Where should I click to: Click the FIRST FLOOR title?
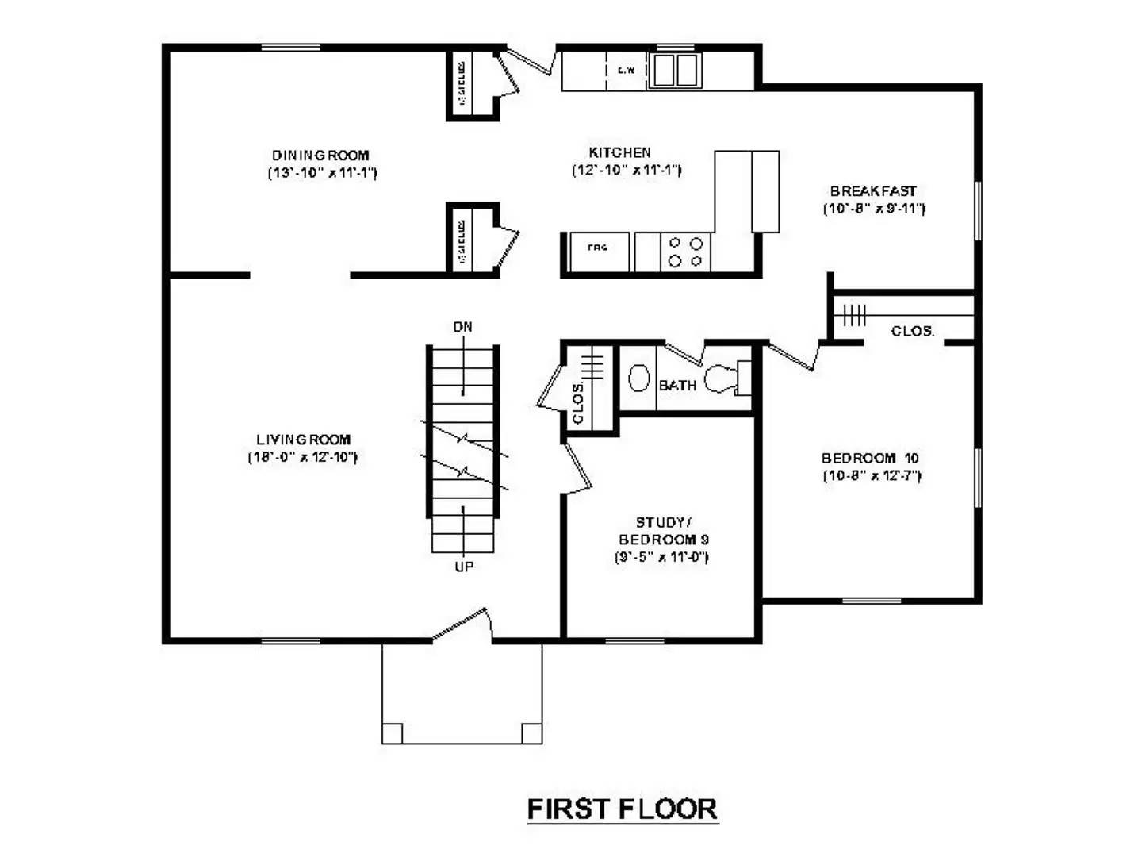[x=623, y=809]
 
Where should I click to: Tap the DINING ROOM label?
[x=320, y=156]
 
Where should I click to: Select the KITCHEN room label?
[x=619, y=152]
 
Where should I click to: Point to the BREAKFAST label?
[x=873, y=191]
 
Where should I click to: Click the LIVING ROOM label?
[x=303, y=440]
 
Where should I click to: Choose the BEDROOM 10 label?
[x=870, y=459]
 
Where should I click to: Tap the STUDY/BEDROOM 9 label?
[x=663, y=531]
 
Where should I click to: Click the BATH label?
[x=677, y=386]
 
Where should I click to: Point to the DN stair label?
[x=463, y=327]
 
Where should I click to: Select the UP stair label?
[x=464, y=567]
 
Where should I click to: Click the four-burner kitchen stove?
[x=685, y=252]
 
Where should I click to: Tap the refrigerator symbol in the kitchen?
[x=599, y=252]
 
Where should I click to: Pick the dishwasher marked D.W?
[x=627, y=71]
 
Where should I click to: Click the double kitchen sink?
[x=675, y=71]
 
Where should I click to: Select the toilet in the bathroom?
[x=723, y=379]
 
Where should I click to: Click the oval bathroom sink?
[x=638, y=378]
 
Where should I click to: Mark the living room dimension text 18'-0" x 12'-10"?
[x=302, y=457]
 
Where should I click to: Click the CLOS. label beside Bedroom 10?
[x=912, y=331]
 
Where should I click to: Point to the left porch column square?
[x=392, y=733]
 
